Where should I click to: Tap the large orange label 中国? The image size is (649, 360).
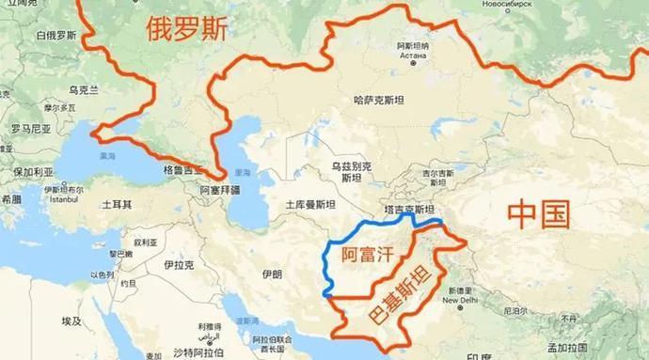(x=539, y=215)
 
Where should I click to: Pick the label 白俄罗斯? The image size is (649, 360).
(x=54, y=36)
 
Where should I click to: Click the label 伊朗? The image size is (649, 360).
(x=271, y=274)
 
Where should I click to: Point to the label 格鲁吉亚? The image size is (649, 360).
(x=182, y=170)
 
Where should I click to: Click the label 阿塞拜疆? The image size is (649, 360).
(x=219, y=189)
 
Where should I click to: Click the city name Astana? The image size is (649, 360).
(x=410, y=55)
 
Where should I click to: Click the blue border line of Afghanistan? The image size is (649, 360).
(x=325, y=263)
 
